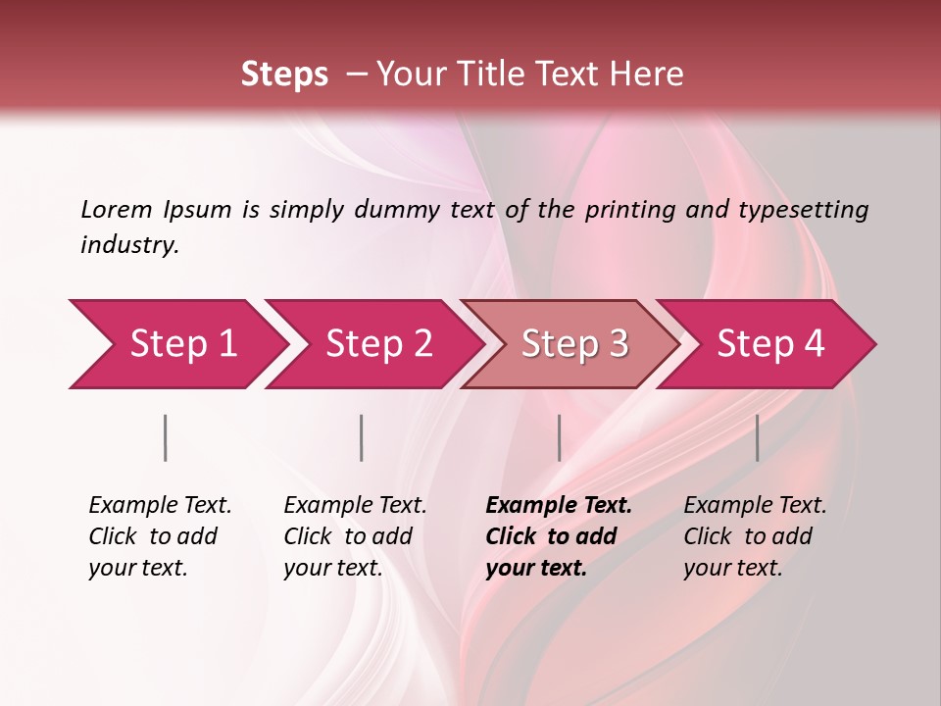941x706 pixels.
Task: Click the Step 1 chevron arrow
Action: (181, 344)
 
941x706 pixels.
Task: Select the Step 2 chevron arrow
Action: (377, 344)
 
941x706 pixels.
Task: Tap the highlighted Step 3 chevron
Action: (573, 344)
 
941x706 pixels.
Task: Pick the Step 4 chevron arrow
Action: (769, 344)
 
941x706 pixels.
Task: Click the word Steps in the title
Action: (284, 75)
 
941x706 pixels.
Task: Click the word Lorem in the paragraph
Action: (116, 209)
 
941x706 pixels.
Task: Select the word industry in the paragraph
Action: (128, 245)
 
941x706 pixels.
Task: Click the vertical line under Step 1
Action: (166, 437)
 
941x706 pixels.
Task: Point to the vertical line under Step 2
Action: (362, 437)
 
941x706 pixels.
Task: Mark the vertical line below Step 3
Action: (559, 437)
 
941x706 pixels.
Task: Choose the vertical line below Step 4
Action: (757, 437)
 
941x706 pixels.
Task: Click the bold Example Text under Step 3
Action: (559, 506)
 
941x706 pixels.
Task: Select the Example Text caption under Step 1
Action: (160, 506)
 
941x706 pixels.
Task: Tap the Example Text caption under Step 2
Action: (355, 506)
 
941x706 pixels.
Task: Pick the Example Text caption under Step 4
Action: (755, 506)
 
